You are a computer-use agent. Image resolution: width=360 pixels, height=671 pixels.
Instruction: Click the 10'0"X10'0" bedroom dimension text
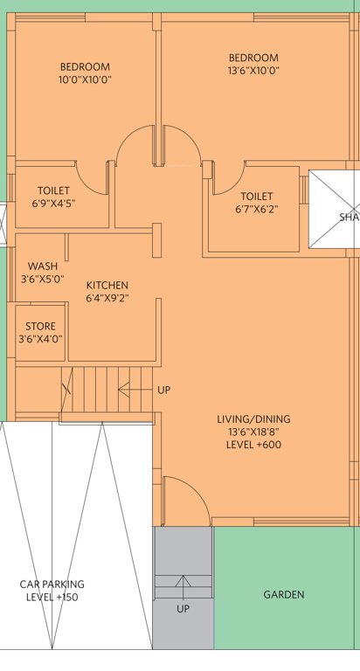pos(85,80)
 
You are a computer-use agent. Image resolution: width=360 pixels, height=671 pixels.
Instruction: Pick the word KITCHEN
pos(107,286)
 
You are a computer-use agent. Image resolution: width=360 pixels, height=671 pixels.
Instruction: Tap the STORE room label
pos(40,327)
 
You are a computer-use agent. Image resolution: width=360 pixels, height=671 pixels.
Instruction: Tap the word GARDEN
pos(284,595)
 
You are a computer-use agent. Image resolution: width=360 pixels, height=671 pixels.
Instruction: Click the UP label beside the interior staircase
pos(163,390)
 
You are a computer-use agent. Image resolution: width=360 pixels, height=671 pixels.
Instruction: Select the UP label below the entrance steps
pos(183,609)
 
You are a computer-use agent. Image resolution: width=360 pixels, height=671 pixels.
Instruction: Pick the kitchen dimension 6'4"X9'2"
pos(107,298)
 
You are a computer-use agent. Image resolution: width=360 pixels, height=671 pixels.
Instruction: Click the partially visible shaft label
pos(350,218)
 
